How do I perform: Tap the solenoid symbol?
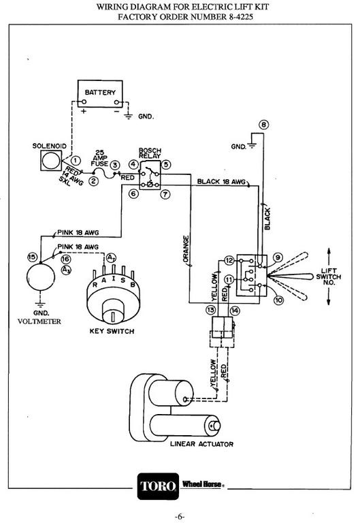(x=51, y=161)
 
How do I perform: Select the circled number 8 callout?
(x=263, y=125)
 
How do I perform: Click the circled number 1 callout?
(x=76, y=161)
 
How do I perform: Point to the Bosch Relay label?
(x=150, y=153)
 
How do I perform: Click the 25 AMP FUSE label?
(x=99, y=158)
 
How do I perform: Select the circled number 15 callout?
(x=32, y=257)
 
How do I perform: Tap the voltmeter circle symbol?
(x=41, y=278)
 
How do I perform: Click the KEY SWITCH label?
(x=112, y=331)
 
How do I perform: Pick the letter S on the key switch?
(x=123, y=280)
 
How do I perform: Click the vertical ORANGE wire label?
(x=186, y=249)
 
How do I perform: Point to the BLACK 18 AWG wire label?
(x=221, y=181)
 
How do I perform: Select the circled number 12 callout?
(x=229, y=261)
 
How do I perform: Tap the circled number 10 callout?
(x=278, y=300)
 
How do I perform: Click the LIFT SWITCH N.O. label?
(x=328, y=276)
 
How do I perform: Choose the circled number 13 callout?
(x=211, y=311)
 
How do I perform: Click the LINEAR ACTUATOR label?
(x=201, y=444)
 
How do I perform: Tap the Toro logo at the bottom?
(x=158, y=486)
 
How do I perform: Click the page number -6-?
(x=180, y=516)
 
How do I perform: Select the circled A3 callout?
(x=66, y=270)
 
